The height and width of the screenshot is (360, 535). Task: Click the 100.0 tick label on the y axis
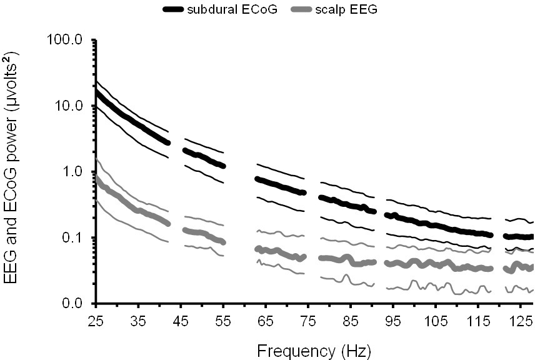tap(66, 40)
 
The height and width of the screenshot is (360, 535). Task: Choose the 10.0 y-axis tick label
tap(69, 106)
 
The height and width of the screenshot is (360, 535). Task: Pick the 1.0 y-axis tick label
tap(73, 172)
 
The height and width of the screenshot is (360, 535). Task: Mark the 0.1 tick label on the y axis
tap(73, 238)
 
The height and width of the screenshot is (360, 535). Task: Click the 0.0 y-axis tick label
tap(73, 304)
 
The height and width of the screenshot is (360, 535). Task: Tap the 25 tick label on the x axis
tap(96, 319)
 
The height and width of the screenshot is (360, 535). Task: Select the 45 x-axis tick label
tap(181, 319)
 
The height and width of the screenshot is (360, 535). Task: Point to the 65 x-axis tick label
tap(266, 319)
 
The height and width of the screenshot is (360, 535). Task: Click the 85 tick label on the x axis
tap(352, 319)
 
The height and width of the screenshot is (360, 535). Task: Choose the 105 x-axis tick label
tap(437, 319)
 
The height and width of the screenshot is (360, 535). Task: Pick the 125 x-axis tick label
tap(522, 319)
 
